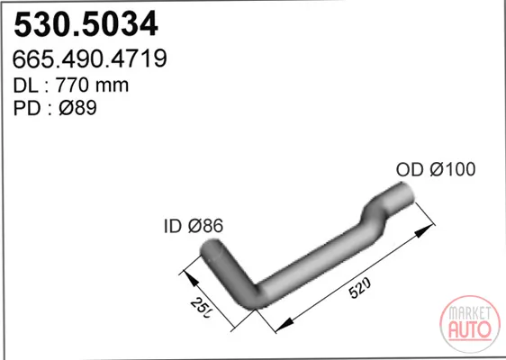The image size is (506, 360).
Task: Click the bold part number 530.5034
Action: [x=86, y=24]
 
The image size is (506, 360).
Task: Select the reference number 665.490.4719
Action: [x=90, y=58]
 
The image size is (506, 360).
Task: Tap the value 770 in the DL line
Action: [x=72, y=85]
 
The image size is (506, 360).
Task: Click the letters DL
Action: [x=26, y=85]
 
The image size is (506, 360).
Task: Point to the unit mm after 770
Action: [x=113, y=86]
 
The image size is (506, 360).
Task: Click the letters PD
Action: [x=27, y=108]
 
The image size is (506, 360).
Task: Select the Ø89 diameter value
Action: [x=77, y=108]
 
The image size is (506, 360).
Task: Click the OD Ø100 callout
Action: [x=436, y=169]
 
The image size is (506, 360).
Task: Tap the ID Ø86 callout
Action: [x=194, y=226]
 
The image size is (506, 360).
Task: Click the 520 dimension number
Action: [x=360, y=288]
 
